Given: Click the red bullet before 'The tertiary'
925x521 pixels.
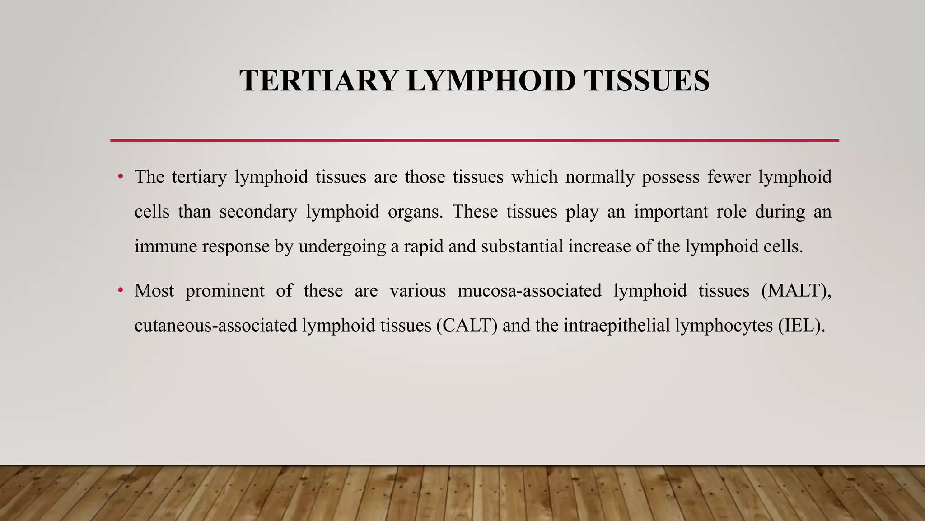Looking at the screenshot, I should point(120,176).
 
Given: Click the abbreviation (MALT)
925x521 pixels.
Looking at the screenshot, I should point(796,290).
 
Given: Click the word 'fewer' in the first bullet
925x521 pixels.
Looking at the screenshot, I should point(729,176).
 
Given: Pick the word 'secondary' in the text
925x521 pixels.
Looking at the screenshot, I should point(258,212).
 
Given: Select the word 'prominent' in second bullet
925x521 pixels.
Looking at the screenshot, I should point(225,291).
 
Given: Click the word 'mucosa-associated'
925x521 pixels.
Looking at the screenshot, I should point(529,290).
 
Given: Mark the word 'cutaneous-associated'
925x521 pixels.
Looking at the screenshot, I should point(215,325).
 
